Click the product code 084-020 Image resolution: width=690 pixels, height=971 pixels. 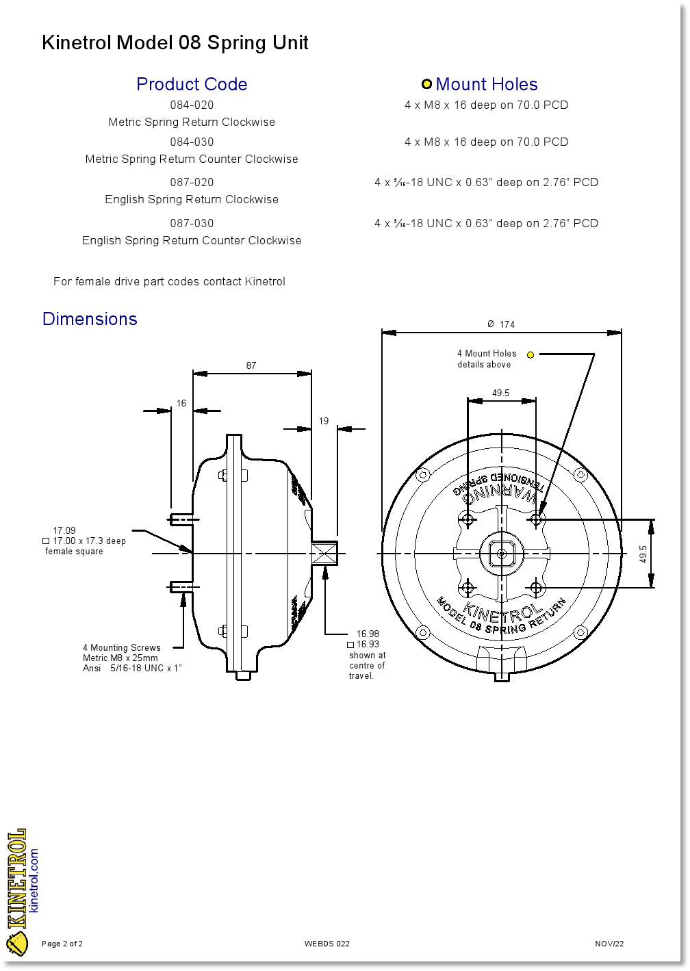192,105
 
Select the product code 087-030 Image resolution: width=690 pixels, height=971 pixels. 192,223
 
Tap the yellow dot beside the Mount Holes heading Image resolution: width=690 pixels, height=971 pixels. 426,84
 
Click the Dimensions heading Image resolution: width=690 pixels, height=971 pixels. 90,319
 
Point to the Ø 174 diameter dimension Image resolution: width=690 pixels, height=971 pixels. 501,324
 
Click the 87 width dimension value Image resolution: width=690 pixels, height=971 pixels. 251,365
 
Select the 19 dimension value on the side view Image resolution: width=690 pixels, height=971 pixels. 324,421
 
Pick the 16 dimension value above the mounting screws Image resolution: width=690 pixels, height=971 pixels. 181,403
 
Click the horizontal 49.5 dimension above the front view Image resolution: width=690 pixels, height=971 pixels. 501,393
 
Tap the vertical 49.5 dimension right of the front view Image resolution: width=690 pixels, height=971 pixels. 643,554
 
